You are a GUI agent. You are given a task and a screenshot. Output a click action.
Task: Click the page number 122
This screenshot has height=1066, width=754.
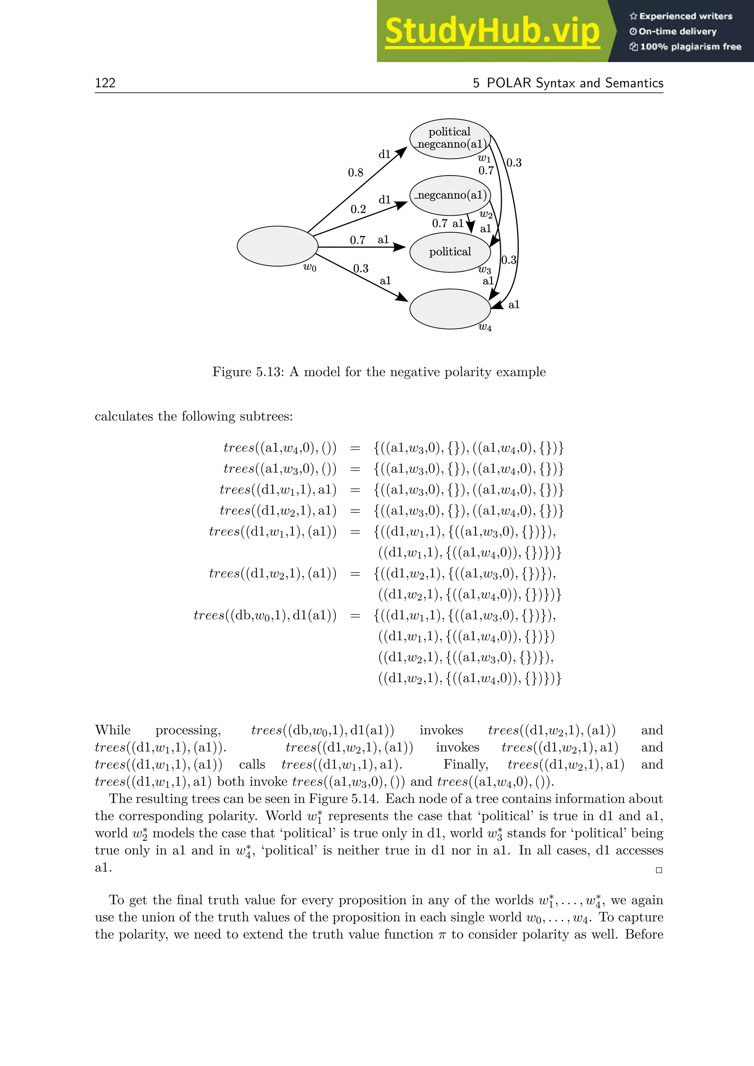coord(105,83)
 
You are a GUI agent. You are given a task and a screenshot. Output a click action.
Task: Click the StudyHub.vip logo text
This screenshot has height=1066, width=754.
coord(492,32)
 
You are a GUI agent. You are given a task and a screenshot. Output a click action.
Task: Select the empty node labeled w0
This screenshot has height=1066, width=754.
coord(277,246)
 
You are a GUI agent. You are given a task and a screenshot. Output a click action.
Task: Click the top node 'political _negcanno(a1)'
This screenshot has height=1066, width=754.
coord(450,138)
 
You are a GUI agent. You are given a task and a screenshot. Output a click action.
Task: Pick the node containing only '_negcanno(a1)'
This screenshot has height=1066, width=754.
coord(450,195)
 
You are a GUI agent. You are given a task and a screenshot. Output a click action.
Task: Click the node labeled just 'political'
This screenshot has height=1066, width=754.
coord(450,252)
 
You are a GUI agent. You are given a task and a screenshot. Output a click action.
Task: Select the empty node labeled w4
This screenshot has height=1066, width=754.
coord(450,309)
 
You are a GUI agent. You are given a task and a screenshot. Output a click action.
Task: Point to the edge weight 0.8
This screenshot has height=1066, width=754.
coord(356,173)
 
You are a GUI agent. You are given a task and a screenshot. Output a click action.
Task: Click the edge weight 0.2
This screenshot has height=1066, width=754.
coord(358,209)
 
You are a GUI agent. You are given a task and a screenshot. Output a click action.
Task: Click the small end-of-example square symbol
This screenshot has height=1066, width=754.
coord(658,871)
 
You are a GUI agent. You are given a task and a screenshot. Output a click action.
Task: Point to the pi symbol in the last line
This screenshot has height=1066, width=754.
coord(442,935)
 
